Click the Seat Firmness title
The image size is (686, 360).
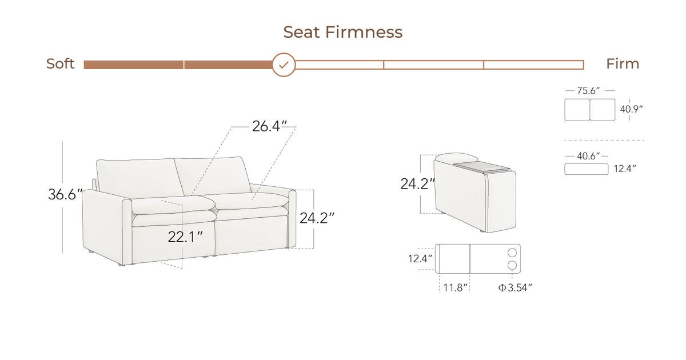(x=342, y=32)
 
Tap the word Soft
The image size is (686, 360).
(x=61, y=63)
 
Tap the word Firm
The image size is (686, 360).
(x=623, y=63)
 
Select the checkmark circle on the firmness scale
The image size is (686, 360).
(x=284, y=65)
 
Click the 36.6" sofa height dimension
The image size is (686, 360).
(x=65, y=194)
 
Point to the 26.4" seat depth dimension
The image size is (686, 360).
(x=269, y=126)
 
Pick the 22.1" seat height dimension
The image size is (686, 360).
(x=185, y=237)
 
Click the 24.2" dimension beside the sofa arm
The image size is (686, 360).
(x=317, y=218)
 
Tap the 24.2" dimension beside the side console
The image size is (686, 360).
(x=417, y=183)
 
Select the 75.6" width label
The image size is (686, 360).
(x=588, y=91)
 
